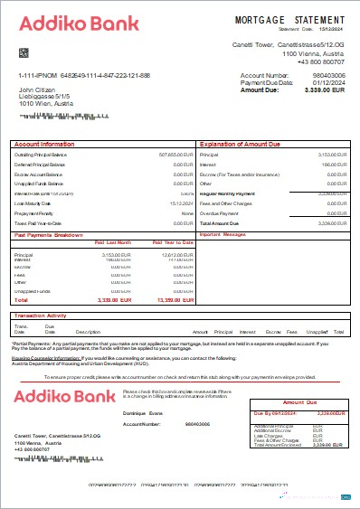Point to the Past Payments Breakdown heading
pyautogui.click(x=55, y=234)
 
